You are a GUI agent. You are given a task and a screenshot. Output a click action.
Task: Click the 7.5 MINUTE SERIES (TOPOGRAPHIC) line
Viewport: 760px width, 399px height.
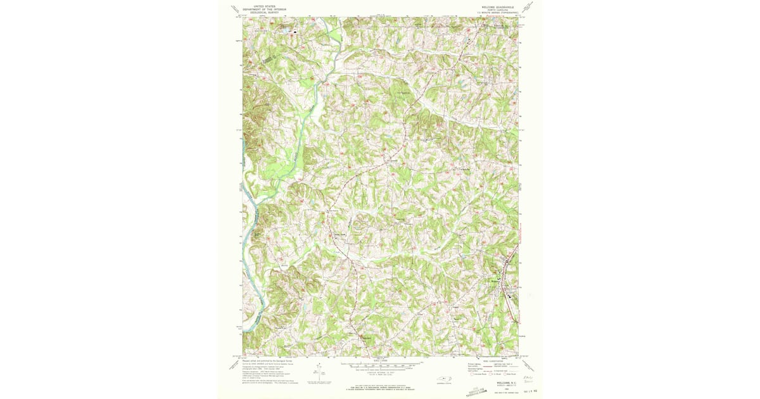click(498, 13)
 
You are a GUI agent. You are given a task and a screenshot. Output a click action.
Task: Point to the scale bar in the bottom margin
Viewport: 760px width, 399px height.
click(380, 365)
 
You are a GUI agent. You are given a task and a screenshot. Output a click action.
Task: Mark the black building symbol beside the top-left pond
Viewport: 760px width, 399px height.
click(294, 30)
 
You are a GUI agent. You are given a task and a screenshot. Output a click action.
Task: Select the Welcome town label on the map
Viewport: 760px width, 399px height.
click(496, 279)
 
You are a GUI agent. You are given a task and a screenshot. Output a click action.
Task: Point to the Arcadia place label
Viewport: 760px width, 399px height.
click(464, 169)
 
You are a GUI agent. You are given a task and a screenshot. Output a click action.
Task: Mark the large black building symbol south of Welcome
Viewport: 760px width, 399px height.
click(509, 293)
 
